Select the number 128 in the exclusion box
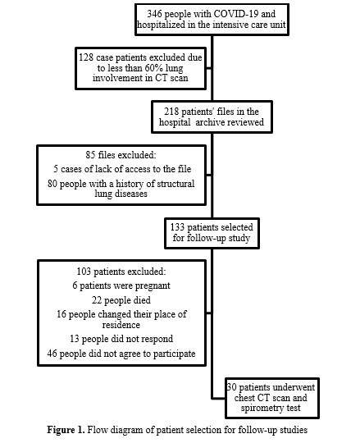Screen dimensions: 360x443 tap(86, 57)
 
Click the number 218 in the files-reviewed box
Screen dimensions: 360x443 tap(171, 112)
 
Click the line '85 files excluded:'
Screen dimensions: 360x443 tap(121, 155)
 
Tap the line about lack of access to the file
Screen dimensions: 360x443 tap(122, 169)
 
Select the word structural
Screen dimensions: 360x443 tap(175, 184)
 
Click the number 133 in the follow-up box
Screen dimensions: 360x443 tap(177, 227)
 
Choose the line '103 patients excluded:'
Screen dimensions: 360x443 tap(121, 272)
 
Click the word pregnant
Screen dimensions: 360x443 tap(153, 285)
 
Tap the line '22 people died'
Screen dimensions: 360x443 tap(121, 300)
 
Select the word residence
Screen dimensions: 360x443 tap(121, 325)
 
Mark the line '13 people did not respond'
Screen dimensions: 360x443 tap(121, 339)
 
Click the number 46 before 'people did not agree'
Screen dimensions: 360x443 tap(52, 354)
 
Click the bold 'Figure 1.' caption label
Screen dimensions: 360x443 tap(66, 430)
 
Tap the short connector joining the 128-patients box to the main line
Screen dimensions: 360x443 tap(209, 68)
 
